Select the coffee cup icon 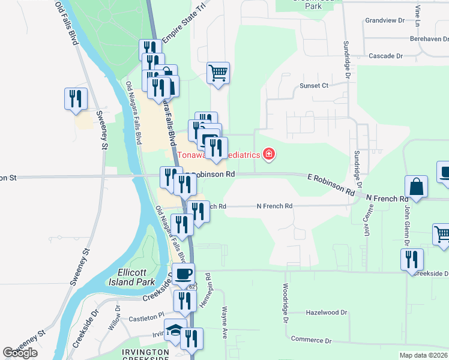[x=184, y=274]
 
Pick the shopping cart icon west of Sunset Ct [x=218, y=73]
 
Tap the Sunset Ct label [x=314, y=86]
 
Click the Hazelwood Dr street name [x=327, y=313]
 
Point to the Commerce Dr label [x=311, y=340]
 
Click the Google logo [x=20, y=353]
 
